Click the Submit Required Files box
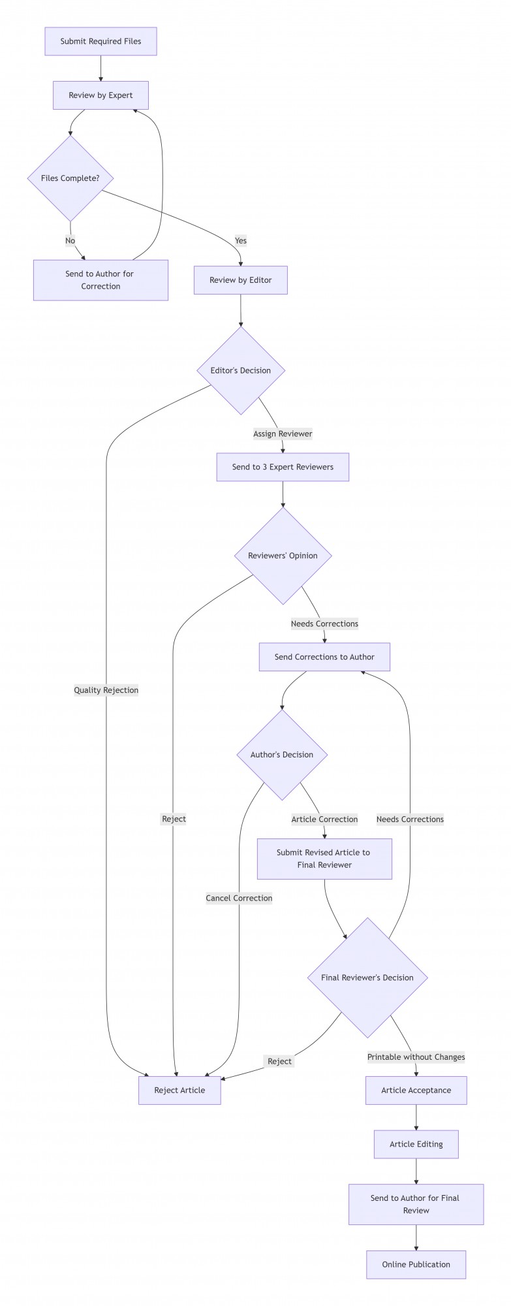coord(101,41)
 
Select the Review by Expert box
coord(101,95)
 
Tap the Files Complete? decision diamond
coord(70,178)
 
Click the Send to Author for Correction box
coord(101,280)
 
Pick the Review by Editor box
coord(240,280)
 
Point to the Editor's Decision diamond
coord(241,370)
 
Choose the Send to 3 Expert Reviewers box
coord(283,467)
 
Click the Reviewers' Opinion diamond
coord(283,556)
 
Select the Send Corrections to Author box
coord(324,657)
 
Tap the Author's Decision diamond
coord(282,755)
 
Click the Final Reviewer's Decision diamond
coord(367,978)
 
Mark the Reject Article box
coord(179,1090)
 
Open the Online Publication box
coord(416,1264)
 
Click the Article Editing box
coord(416,1144)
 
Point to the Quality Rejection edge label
coord(106,690)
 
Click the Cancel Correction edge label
coord(239,898)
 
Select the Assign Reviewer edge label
coord(283,434)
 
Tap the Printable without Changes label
coord(416,1057)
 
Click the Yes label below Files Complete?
coord(241,241)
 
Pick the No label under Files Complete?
coord(70,241)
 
